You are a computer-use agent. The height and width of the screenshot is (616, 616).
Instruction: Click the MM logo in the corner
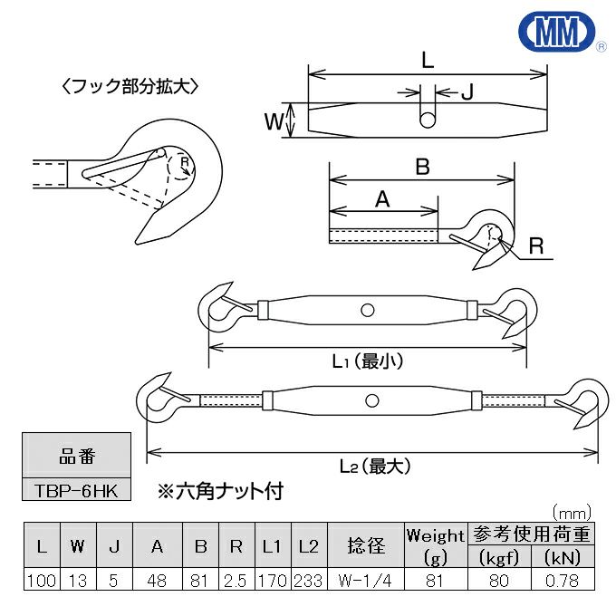point(561,34)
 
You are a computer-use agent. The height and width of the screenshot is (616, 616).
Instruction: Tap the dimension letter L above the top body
point(428,62)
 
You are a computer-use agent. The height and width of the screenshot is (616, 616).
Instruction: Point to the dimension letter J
point(468,91)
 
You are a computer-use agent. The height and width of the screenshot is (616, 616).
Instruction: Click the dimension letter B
point(421,167)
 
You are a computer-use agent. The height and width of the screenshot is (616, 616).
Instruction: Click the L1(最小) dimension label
point(367,361)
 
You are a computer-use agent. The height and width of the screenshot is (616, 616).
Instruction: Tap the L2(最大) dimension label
point(375,467)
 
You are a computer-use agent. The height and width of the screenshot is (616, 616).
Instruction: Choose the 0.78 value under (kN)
point(563,581)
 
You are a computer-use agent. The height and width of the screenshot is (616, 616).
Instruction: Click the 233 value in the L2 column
point(308,581)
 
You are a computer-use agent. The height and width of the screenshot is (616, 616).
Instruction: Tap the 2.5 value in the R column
point(236,581)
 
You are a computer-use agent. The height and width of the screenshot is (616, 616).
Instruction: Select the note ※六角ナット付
point(220,492)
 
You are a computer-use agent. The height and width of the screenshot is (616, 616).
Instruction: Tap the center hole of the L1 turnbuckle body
point(367,310)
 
